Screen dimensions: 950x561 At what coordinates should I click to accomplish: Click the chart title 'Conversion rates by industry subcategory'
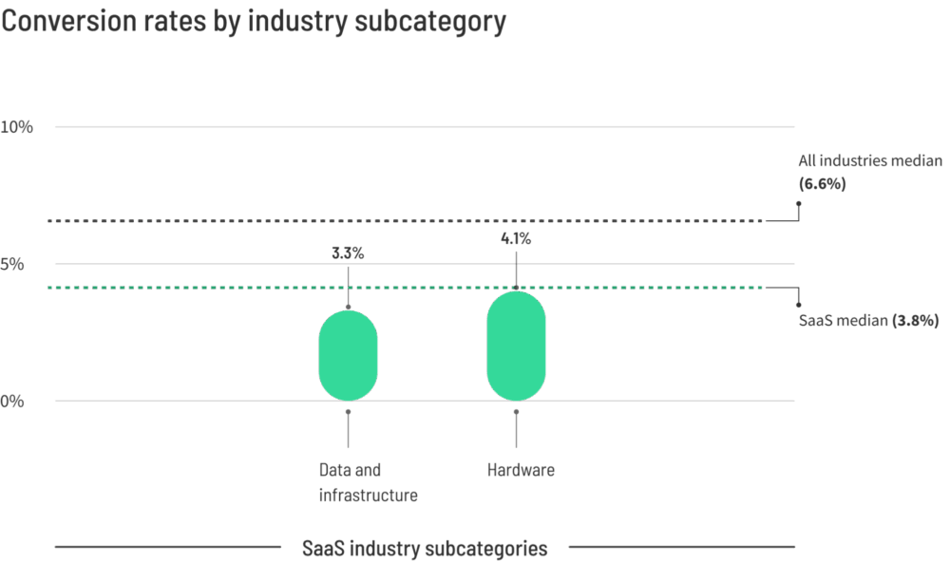(x=254, y=21)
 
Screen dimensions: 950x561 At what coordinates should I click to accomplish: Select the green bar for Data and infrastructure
(x=349, y=355)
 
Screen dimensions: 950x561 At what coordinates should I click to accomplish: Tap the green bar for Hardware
(x=516, y=346)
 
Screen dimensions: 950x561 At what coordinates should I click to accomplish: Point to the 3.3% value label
(x=348, y=252)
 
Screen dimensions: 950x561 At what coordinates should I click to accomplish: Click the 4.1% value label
(x=516, y=238)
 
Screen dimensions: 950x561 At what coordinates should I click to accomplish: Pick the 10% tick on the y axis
(x=17, y=126)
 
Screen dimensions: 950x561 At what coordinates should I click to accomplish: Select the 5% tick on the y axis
(x=12, y=264)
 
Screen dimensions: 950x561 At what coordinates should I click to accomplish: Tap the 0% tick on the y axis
(x=12, y=401)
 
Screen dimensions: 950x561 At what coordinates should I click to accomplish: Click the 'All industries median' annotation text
(x=870, y=160)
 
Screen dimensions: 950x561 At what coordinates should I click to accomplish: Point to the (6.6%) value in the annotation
(x=822, y=183)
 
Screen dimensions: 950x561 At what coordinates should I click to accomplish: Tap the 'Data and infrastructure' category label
(x=369, y=482)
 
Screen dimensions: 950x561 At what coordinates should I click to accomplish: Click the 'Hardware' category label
(x=521, y=470)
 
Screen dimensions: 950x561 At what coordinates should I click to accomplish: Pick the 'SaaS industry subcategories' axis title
(x=425, y=548)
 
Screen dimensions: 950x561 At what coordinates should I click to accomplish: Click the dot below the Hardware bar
(x=516, y=412)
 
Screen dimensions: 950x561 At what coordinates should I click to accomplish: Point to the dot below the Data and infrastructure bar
(x=349, y=412)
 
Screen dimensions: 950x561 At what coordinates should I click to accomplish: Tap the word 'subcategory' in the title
(x=430, y=21)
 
